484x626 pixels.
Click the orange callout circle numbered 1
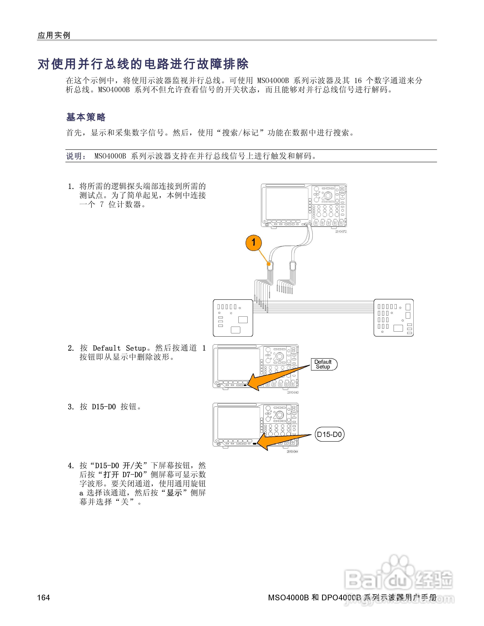click(253, 242)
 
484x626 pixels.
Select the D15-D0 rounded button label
click(329, 435)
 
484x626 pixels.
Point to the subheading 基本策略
click(86, 117)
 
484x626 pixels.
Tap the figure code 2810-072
click(341, 232)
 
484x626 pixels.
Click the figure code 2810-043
click(293, 392)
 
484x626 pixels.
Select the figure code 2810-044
click(292, 452)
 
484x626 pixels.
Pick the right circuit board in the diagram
click(393, 318)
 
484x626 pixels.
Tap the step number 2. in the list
click(71, 348)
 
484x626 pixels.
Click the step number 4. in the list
click(71, 466)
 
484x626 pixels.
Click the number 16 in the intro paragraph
click(358, 81)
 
